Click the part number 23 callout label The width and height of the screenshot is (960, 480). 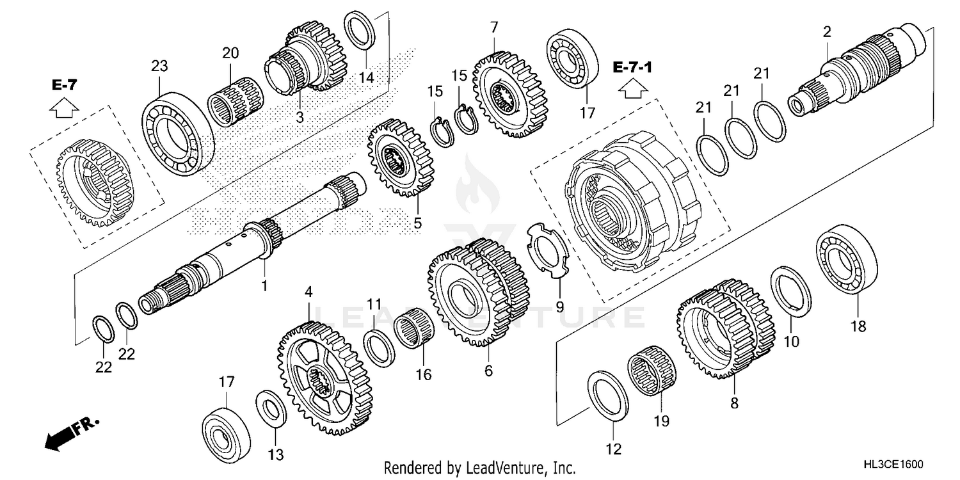[159, 65]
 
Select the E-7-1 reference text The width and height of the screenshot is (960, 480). [632, 67]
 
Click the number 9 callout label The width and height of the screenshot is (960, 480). [559, 307]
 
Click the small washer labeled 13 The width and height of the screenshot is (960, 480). [271, 410]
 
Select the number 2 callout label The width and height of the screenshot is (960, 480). [827, 31]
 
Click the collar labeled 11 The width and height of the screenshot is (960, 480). [380, 346]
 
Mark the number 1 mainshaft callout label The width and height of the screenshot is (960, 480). [263, 284]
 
